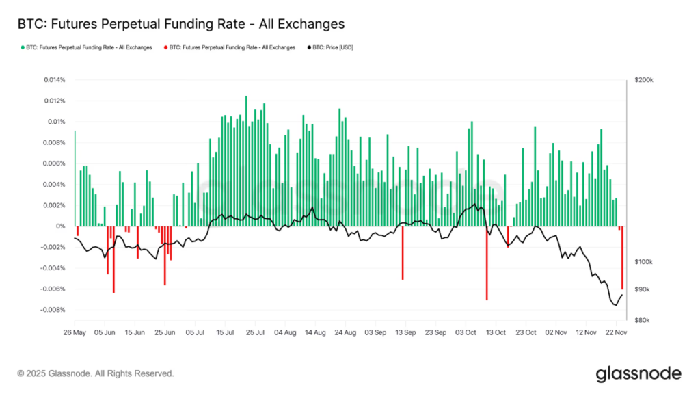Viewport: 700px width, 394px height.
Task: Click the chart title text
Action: coord(181,24)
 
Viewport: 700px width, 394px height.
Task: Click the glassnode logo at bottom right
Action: coord(638,373)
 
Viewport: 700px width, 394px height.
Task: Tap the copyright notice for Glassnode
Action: coord(96,373)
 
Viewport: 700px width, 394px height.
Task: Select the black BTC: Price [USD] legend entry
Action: coord(331,47)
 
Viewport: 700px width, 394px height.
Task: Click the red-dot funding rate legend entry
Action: coord(232,47)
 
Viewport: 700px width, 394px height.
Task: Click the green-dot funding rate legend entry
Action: coord(88,47)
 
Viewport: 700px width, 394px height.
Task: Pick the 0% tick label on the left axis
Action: coord(61,226)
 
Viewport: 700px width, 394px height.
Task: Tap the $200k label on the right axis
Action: coord(644,80)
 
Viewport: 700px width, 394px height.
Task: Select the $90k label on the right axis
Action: coord(643,290)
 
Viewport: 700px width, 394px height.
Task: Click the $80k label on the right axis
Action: coord(643,320)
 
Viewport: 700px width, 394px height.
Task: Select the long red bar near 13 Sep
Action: coord(403,253)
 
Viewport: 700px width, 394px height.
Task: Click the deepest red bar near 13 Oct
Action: coord(487,263)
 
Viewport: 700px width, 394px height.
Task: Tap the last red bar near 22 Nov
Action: coord(622,258)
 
